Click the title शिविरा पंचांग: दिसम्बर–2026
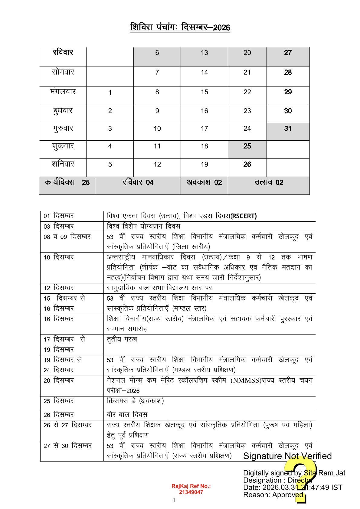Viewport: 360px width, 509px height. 180,27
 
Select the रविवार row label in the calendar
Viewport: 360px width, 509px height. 63,53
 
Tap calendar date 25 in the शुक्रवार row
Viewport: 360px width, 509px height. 247,146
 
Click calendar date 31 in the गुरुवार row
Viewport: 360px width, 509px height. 288,129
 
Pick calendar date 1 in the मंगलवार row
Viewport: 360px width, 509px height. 110,93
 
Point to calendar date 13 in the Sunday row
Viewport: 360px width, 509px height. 205,53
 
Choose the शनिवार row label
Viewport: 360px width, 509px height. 63,164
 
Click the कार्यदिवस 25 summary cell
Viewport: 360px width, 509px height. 67,182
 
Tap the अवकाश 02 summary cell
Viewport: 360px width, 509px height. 204,182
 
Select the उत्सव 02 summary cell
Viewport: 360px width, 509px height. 269,182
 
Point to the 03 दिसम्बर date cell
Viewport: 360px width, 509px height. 59,227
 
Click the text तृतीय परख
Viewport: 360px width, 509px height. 122,339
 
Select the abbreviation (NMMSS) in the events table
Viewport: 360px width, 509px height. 246,380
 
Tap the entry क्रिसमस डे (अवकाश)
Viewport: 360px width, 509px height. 135,401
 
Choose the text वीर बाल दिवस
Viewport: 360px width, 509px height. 127,415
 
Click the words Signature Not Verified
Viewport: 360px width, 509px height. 287,456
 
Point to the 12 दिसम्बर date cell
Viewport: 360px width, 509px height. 59,288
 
